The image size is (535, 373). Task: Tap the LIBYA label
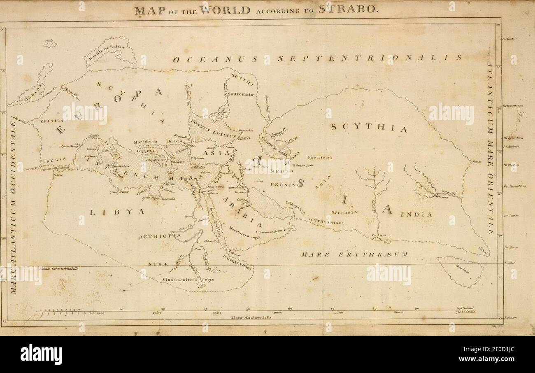118,212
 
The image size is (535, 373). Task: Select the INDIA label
417,214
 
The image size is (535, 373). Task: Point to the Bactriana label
320,157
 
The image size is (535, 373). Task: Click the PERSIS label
283,184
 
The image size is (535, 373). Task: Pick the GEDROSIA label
344,212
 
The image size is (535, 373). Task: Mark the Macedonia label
146,142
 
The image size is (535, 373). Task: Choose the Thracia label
173,141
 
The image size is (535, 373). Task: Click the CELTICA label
52,121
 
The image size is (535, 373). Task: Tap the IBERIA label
53,159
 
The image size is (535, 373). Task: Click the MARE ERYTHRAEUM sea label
354,254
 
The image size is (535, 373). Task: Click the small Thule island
50,44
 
